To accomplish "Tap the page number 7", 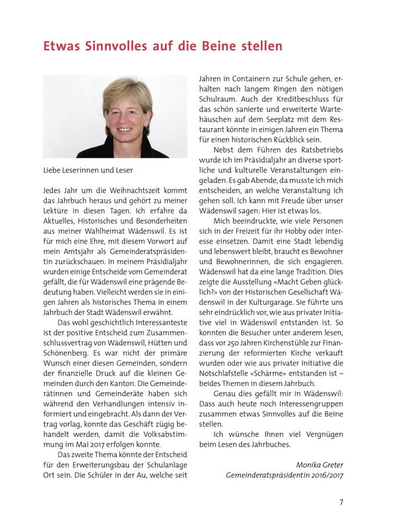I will click(341, 502).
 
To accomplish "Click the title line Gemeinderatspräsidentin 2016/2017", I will click(284, 475).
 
